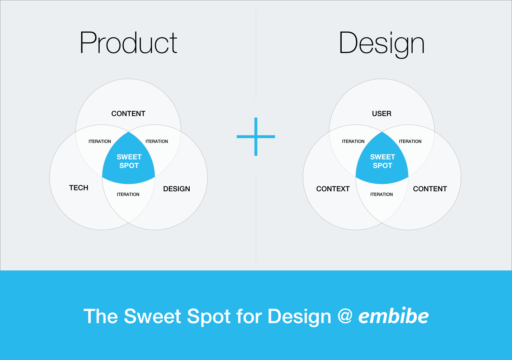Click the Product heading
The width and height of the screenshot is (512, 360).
128,43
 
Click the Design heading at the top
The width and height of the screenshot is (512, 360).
381,45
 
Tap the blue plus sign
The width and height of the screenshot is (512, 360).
256,136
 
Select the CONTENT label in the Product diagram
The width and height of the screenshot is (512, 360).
128,114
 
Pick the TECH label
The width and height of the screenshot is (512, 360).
79,188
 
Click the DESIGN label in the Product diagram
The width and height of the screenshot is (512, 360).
176,189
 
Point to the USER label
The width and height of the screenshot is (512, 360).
382,114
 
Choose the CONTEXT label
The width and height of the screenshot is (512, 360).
333,189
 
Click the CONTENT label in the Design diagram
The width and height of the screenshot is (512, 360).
430,189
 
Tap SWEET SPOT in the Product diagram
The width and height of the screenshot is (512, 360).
129,161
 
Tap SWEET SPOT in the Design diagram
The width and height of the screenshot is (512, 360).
383,161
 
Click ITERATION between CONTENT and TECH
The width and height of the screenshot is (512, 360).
100,141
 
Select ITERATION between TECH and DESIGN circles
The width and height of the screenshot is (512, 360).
128,195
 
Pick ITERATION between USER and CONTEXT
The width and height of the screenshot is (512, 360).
353,141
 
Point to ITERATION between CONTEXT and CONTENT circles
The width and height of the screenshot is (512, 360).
381,195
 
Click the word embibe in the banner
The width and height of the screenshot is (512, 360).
393,316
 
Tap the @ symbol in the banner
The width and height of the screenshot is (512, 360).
345,317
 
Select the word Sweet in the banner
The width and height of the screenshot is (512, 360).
152,316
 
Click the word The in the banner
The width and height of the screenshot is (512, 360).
100,316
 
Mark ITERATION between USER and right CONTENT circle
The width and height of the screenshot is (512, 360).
410,141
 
